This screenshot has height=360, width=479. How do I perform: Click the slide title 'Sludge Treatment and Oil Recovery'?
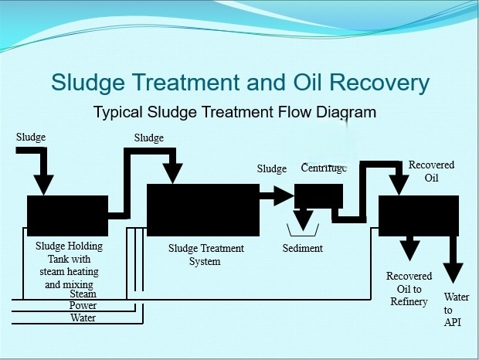[239, 83]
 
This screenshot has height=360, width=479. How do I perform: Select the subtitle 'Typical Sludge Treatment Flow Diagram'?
[235, 112]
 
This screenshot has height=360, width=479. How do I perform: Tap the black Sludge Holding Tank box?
[67, 216]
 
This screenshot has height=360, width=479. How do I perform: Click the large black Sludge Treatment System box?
[202, 209]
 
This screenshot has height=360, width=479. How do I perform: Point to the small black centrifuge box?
[318, 195]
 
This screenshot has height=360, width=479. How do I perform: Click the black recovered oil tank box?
[418, 215]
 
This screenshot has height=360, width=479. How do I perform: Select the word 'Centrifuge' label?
[324, 168]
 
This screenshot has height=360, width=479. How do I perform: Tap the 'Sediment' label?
[303, 249]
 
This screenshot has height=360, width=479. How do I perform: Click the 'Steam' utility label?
[83, 294]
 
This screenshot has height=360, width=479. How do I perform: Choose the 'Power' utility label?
[83, 306]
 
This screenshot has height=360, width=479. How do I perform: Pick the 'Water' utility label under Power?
[83, 318]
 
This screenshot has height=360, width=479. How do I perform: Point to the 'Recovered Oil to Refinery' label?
[409, 289]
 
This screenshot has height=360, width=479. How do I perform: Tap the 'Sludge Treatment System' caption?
[206, 255]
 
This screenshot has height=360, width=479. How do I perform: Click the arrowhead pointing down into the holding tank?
[44, 184]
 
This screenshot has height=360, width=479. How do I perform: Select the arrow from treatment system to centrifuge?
[277, 195]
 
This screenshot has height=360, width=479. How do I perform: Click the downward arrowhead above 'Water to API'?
[453, 272]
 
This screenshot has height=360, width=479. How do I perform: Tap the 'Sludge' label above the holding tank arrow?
[31, 138]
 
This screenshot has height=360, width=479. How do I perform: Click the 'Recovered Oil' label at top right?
[431, 172]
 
